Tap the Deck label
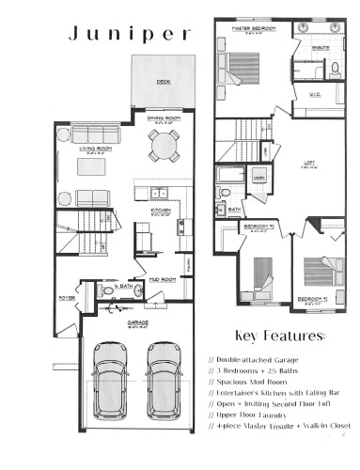[x=163, y=83]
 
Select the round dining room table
[x=164, y=145]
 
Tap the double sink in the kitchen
[x=158, y=194]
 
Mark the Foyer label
[x=66, y=298]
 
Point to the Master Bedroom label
[x=253, y=29]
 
